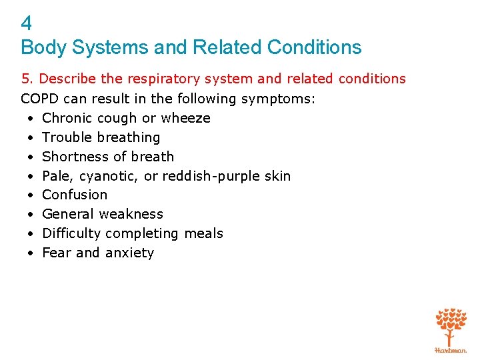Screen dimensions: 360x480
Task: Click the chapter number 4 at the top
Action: pos(27,24)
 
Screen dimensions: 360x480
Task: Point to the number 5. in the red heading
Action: pos(27,79)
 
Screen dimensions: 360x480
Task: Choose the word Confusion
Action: pos(75,195)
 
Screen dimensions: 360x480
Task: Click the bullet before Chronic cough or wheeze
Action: pos(31,119)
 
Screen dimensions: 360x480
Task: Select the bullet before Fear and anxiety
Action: pos(31,253)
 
